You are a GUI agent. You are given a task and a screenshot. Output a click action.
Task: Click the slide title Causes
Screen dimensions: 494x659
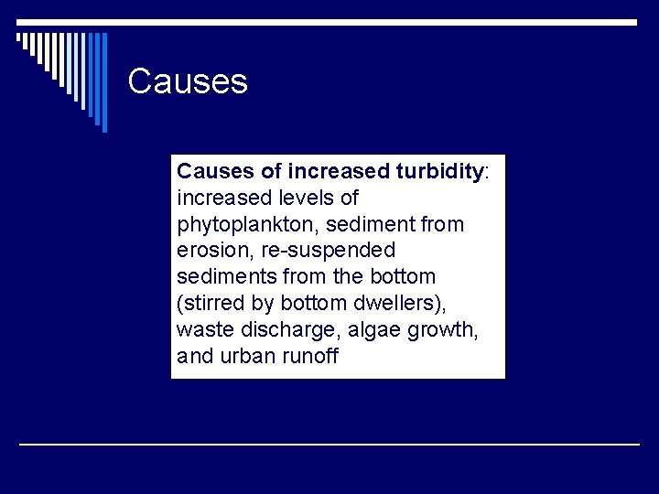[188, 81]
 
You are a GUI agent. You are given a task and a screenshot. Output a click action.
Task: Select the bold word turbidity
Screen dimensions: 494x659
[438, 171]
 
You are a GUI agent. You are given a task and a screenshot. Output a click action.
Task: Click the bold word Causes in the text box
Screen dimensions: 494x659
[215, 171]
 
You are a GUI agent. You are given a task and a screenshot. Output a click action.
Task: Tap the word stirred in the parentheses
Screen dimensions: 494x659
[212, 303]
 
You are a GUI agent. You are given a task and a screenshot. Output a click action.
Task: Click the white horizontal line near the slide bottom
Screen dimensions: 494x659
[329, 444]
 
